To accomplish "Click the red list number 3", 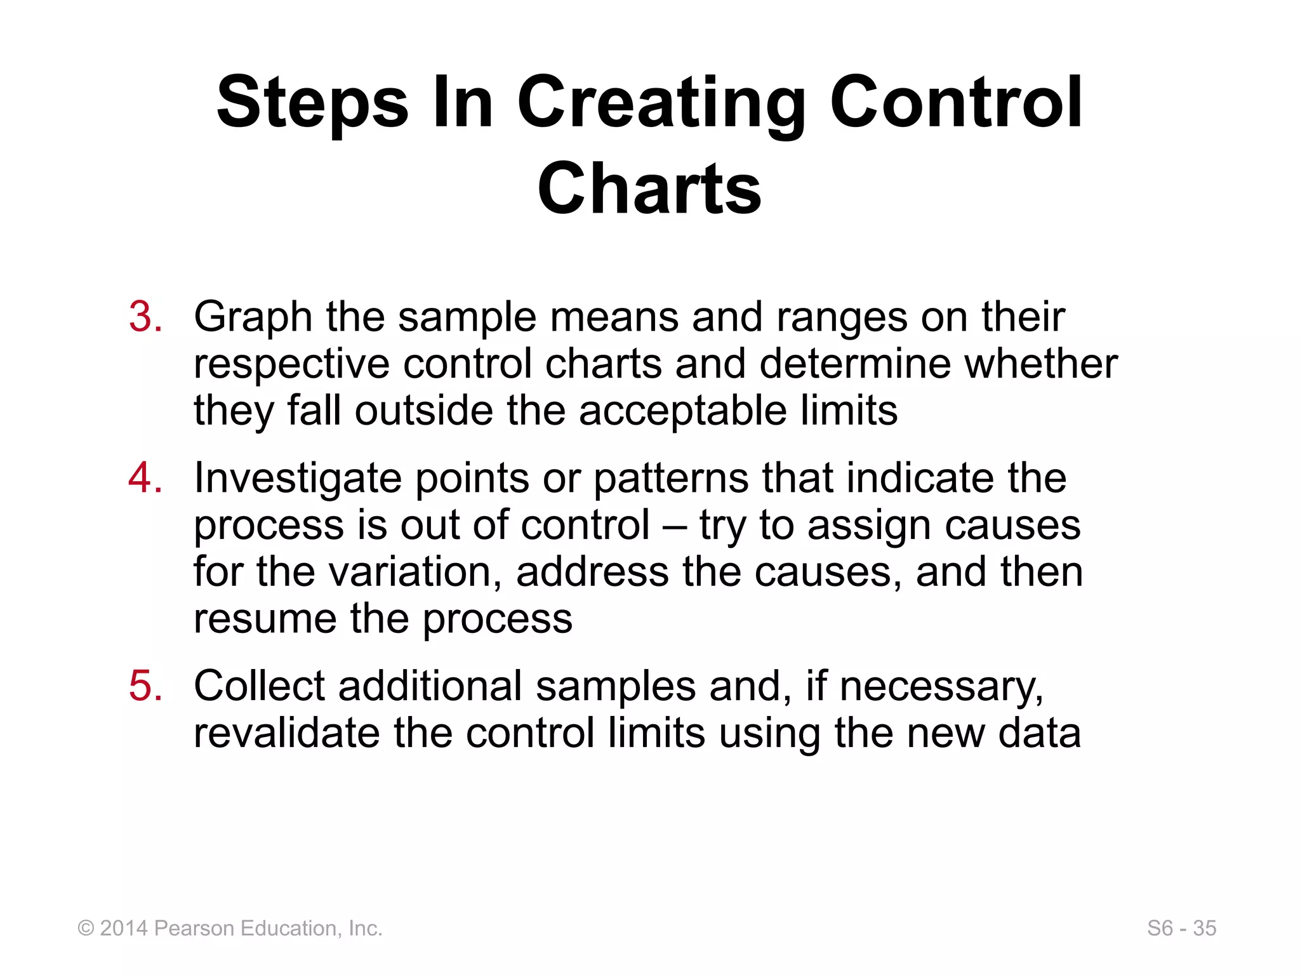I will pyautogui.click(x=145, y=317).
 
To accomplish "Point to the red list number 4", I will pyautogui.click(x=145, y=478).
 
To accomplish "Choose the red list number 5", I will pyautogui.click(x=145, y=686).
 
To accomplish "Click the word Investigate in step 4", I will pyautogui.click(x=298, y=478).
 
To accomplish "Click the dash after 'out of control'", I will pyautogui.click(x=674, y=526).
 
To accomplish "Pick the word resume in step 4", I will pyautogui.click(x=265, y=619).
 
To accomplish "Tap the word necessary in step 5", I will pyautogui.click(x=941, y=686).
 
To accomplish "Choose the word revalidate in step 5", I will pyautogui.click(x=286, y=733).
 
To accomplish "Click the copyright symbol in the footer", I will pyautogui.click(x=86, y=929).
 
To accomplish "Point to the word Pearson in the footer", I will pyautogui.click(x=194, y=929).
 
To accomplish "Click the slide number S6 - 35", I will pyautogui.click(x=1181, y=929).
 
